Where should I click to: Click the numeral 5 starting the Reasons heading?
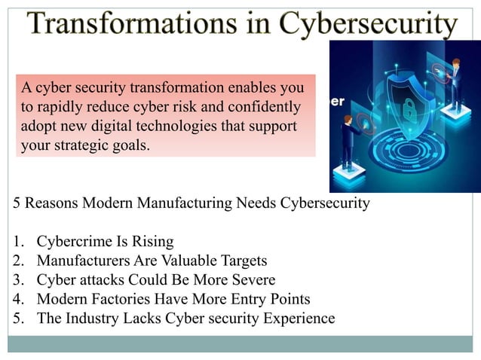pyautogui.click(x=17, y=203)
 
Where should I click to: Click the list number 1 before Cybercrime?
pyautogui.click(x=17, y=242)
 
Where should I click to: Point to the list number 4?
pyautogui.click(x=17, y=299)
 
